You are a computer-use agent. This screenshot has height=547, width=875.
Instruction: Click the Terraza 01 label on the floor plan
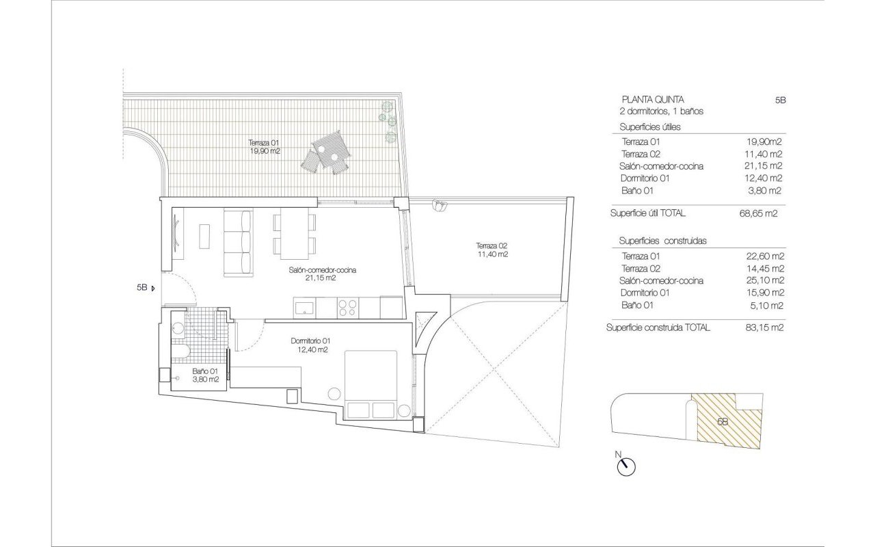point(265,147)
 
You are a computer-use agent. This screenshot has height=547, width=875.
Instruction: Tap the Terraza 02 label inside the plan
point(492,250)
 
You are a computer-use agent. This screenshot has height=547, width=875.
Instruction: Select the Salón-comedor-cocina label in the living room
point(322,274)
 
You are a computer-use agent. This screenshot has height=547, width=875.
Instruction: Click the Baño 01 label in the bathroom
point(206,375)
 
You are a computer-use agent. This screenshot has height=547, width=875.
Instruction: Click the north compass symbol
point(625,466)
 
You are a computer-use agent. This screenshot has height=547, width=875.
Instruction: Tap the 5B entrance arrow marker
point(152,289)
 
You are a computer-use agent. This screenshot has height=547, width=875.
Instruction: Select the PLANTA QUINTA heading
point(653,100)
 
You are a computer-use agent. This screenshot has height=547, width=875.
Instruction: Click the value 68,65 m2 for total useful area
point(758,213)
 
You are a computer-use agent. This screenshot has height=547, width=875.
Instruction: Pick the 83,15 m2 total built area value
point(764,328)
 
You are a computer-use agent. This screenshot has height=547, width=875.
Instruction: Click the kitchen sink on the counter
point(304,307)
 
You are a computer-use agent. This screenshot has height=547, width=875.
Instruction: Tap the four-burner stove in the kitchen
point(347,308)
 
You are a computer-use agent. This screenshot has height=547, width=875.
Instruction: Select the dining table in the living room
point(294,234)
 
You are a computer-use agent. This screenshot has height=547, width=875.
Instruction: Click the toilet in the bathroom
point(180,351)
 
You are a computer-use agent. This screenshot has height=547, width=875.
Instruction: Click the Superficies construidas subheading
point(662,241)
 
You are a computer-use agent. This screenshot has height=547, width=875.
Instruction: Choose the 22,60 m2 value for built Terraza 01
point(764,256)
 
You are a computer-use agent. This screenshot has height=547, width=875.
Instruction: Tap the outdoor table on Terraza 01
point(330,149)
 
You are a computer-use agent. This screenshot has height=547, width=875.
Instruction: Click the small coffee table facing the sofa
point(204,236)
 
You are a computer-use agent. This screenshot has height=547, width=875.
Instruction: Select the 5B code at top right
point(780,100)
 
